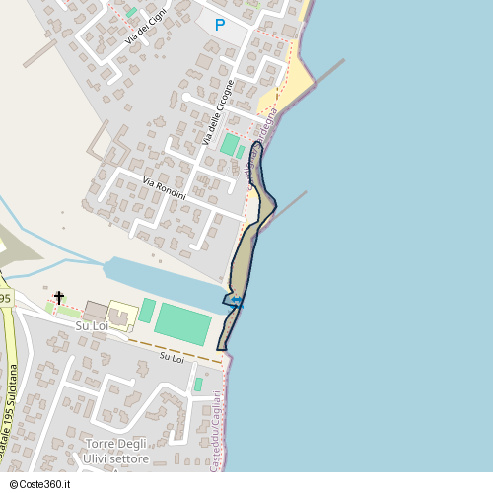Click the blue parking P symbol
pyautogui.click(x=219, y=25)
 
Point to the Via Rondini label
pyautogui.click(x=164, y=188)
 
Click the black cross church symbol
pyautogui.click(x=58, y=297)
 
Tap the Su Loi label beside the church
pyautogui.click(x=92, y=325)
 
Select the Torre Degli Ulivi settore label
pyautogui.click(x=116, y=452)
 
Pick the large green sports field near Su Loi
pyautogui.click(x=183, y=323)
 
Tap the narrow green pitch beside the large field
pyautogui.click(x=147, y=311)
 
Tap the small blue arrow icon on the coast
pyautogui.click(x=237, y=305)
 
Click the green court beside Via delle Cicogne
pyautogui.click(x=230, y=145)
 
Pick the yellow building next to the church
pyautogui.click(x=122, y=314)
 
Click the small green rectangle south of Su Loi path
pyautogui.click(x=198, y=384)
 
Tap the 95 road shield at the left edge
pyautogui.click(x=5, y=298)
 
